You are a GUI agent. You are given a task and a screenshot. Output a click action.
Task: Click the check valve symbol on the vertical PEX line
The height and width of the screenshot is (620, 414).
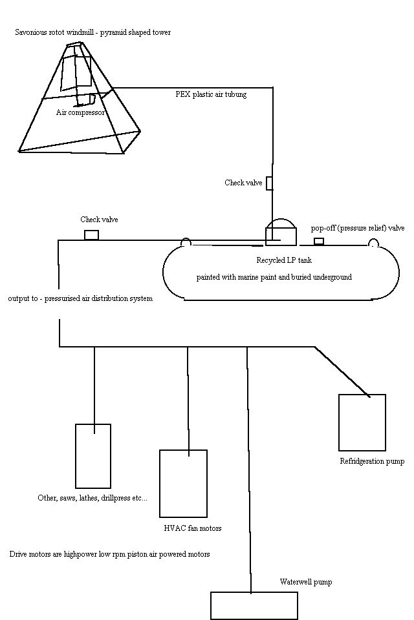[x=269, y=183]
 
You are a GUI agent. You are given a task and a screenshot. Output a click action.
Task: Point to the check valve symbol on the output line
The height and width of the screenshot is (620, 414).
[x=91, y=235]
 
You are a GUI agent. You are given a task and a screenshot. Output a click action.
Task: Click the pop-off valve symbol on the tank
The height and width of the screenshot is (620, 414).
[x=319, y=241]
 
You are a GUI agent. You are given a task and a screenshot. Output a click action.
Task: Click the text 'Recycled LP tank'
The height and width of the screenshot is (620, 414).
[x=284, y=260]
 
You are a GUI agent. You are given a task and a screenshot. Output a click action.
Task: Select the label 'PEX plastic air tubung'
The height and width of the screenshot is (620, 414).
[x=211, y=94]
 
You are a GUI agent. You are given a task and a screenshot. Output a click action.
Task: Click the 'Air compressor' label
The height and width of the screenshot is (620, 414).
[x=80, y=112]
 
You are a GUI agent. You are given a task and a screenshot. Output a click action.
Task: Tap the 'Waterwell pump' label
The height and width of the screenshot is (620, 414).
[x=306, y=582]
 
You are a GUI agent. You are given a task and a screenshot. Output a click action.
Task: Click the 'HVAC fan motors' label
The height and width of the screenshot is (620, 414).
[x=193, y=528]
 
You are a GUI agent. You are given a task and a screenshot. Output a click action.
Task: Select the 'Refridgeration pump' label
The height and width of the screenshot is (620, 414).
[x=372, y=461]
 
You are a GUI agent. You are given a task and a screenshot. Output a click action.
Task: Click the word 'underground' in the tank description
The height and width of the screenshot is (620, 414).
[x=332, y=277]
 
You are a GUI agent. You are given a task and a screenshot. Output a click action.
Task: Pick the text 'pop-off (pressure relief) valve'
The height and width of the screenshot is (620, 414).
[x=358, y=228]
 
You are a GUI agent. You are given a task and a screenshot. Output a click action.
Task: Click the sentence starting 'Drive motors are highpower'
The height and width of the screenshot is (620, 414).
[x=110, y=554]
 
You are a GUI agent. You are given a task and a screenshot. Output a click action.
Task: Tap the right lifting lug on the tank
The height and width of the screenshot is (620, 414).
[x=373, y=242]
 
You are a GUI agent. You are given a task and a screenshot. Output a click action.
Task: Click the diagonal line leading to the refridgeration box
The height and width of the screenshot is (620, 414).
[x=342, y=372]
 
